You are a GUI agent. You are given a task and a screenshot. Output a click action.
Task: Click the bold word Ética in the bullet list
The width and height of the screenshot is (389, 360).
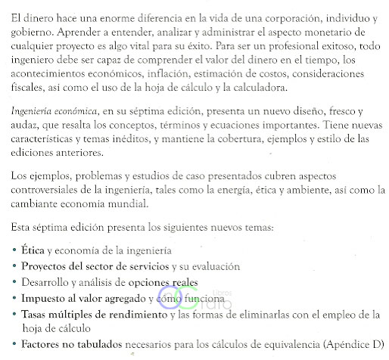point(33,250)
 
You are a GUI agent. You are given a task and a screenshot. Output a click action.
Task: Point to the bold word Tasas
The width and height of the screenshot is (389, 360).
point(36,313)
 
